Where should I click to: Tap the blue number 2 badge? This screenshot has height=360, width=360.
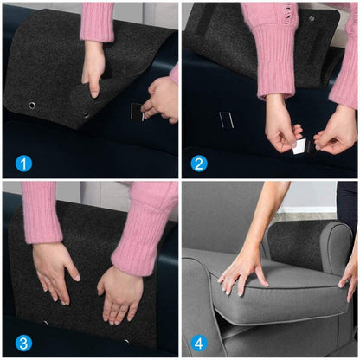(199, 163)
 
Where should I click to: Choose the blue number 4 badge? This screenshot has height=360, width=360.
(199, 343)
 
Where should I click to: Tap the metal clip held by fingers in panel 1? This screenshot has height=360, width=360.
(137, 110)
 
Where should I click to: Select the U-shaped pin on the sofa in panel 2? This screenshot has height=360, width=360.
(226, 119)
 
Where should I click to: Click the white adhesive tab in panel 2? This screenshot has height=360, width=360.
(299, 145)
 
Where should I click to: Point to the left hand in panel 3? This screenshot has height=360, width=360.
(55, 270)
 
